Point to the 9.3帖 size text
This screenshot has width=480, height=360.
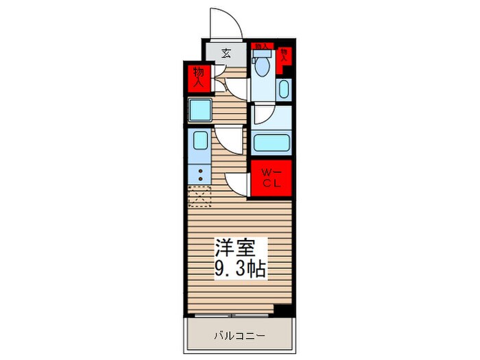click(x=239, y=268)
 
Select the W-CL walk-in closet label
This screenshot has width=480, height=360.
click(x=270, y=179)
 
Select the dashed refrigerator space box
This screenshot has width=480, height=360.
click(x=200, y=197)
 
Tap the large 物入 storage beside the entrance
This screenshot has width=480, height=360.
click(x=199, y=77)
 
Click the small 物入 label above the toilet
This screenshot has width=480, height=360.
click(x=261, y=47)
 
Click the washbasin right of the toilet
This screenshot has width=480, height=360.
click(x=285, y=89)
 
